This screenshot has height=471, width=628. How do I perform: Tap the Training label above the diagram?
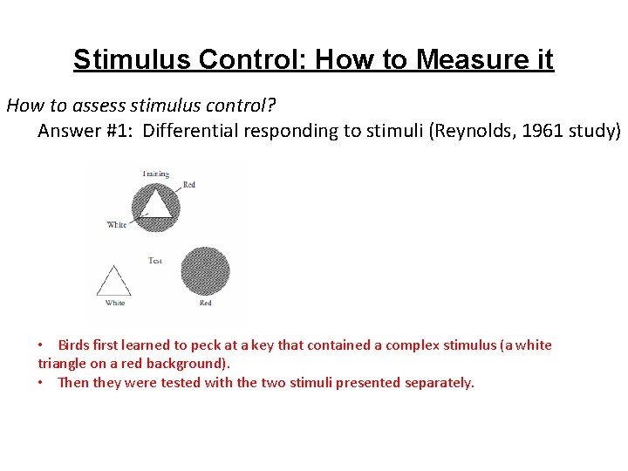[155, 174]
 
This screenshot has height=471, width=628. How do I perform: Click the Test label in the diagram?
[155, 261]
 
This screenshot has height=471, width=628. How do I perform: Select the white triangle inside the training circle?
[156, 204]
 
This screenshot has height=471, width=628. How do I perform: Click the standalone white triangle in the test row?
[113, 282]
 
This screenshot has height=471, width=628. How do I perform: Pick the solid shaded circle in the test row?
[204, 272]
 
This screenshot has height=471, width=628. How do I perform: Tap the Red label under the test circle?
[205, 303]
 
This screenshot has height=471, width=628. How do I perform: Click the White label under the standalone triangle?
[115, 303]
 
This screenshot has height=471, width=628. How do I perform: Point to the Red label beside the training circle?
[189, 185]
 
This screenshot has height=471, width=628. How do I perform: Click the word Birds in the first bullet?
[76, 345]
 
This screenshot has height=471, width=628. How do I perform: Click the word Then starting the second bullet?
[73, 382]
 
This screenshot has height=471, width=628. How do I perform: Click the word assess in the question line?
[83, 106]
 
